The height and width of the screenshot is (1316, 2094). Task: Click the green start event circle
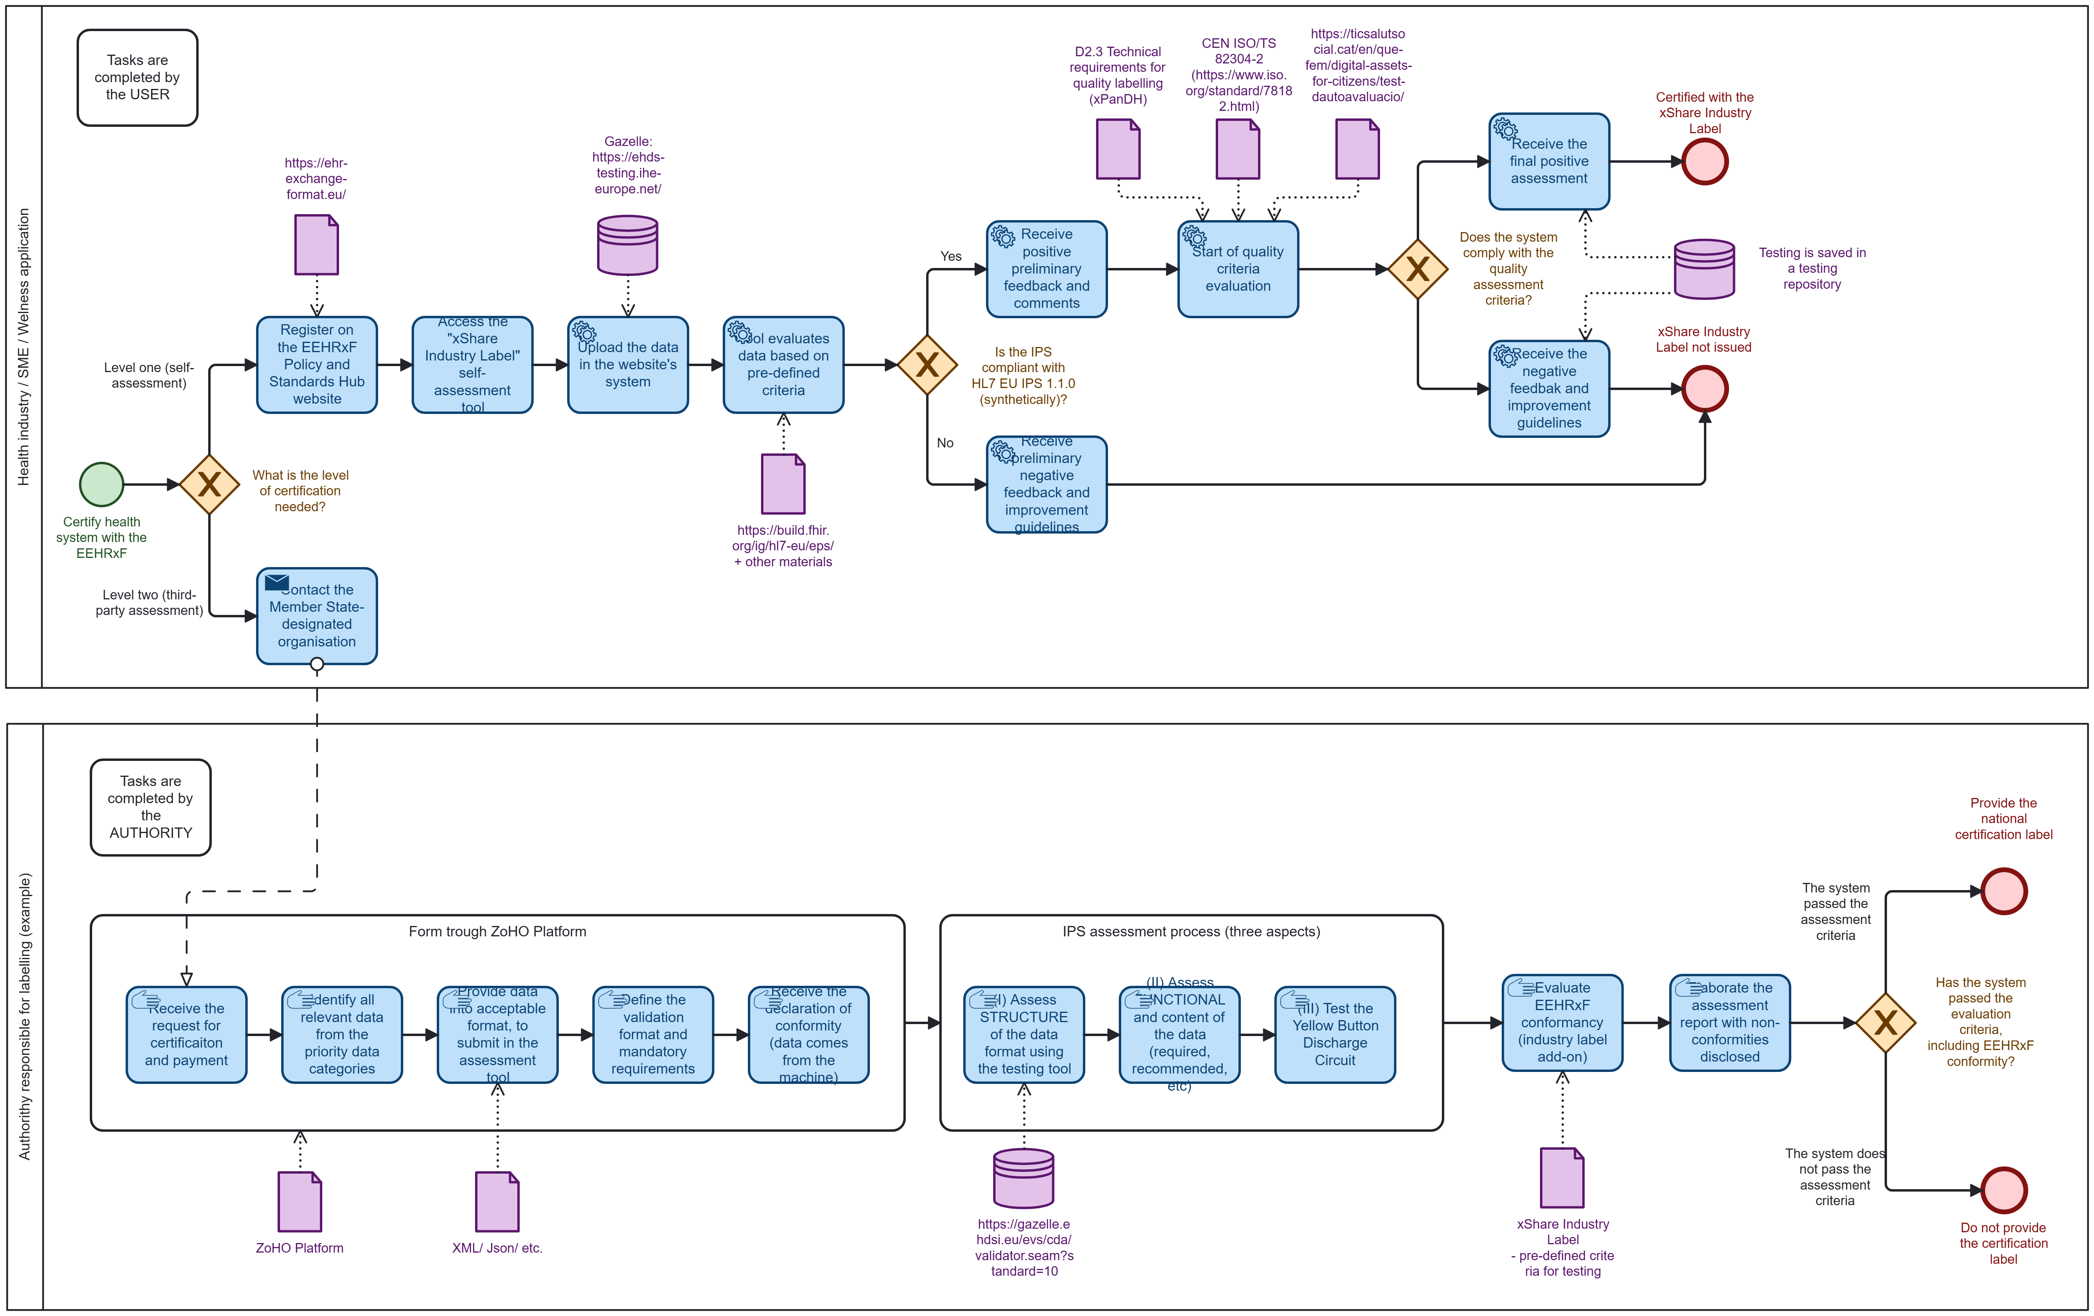tap(102, 484)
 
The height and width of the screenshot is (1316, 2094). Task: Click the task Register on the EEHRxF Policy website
tap(317, 364)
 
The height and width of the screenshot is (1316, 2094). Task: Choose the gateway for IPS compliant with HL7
tap(927, 364)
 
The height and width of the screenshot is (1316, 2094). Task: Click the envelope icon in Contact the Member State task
tap(276, 581)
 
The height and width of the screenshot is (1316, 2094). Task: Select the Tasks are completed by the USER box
tap(137, 77)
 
